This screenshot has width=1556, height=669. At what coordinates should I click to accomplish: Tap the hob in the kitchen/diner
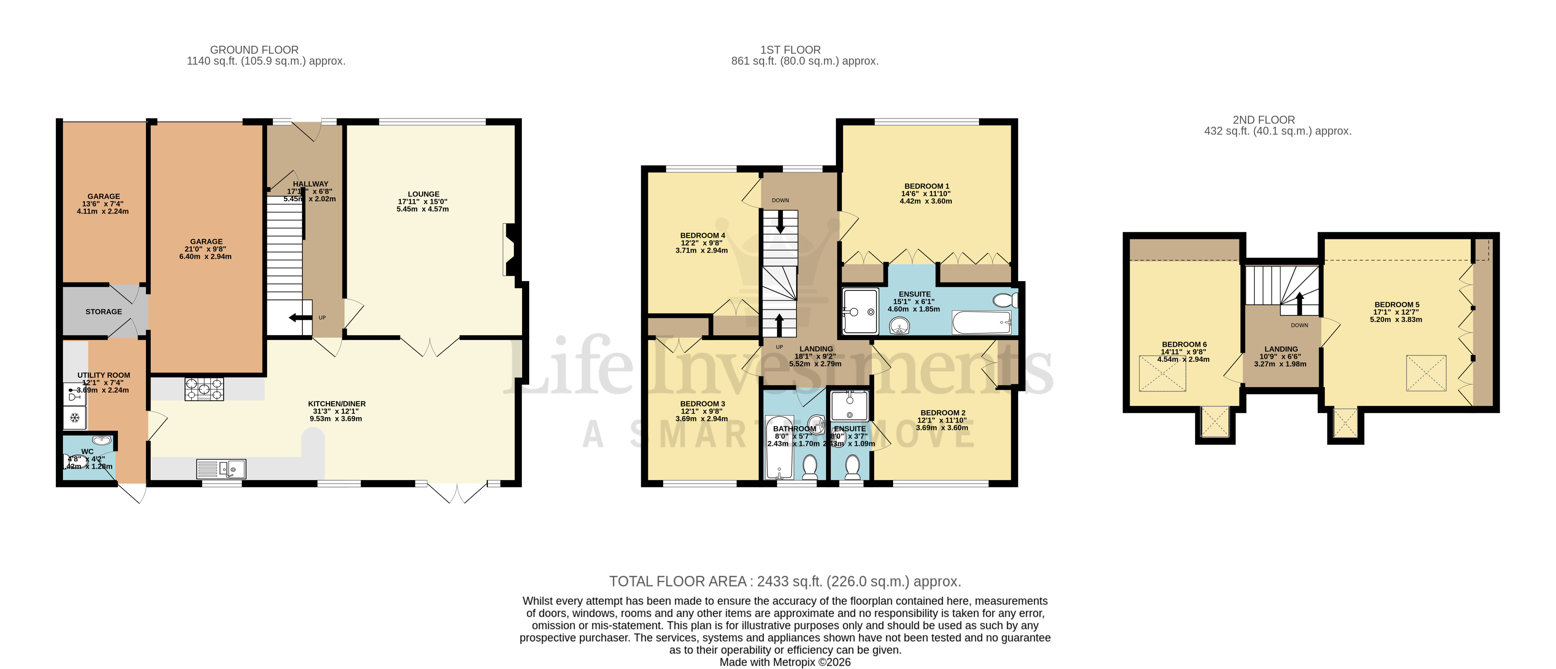[204, 389]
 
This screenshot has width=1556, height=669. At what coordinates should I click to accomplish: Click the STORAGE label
[103, 311]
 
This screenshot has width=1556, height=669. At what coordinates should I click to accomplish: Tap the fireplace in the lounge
[509, 250]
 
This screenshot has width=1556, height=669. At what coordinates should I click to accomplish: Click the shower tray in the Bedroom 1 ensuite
[860, 311]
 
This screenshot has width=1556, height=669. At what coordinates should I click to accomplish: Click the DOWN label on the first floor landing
[780, 200]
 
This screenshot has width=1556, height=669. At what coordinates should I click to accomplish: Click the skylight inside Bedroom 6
[1162, 373]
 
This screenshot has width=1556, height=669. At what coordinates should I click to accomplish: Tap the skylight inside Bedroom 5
[1426, 373]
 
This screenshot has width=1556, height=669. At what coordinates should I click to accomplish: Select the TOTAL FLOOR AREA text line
[785, 582]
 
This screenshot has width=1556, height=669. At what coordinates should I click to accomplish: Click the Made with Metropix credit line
[785, 662]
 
